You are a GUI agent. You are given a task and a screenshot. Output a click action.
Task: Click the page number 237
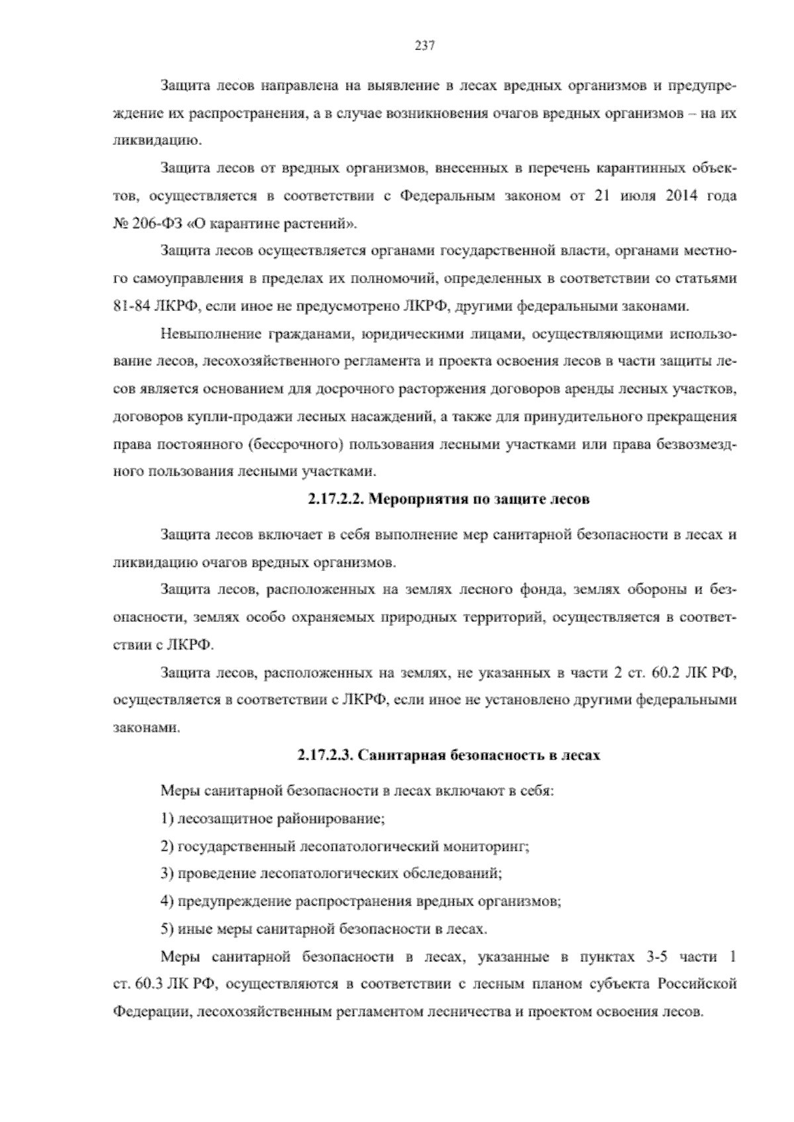coord(423,46)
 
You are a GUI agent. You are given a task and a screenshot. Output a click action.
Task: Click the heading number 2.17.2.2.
coord(334,499)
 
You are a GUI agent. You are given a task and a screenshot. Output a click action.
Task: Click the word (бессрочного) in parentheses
coord(297,445)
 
